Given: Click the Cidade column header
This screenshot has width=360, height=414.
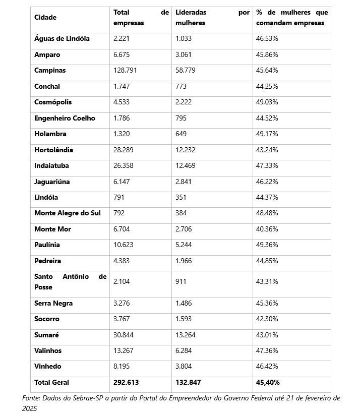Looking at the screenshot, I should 45,18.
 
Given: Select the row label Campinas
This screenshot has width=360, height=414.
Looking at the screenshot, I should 50,71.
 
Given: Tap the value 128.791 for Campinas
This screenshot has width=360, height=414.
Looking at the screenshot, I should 125,71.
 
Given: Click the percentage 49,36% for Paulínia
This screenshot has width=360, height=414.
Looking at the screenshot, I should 267,245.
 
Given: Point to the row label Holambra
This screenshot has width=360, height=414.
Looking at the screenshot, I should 50,134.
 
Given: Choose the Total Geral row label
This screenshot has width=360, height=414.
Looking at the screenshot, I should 52,383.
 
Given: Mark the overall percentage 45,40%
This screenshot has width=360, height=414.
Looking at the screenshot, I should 268,383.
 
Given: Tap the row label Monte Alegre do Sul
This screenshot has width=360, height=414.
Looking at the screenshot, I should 68,213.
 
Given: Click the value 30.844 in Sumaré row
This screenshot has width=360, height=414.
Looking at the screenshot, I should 124,335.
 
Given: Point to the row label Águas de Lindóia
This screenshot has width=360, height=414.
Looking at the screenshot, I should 62,39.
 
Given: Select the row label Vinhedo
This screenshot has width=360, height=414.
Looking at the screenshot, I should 48,367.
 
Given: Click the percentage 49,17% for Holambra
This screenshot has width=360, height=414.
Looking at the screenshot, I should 267,134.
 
